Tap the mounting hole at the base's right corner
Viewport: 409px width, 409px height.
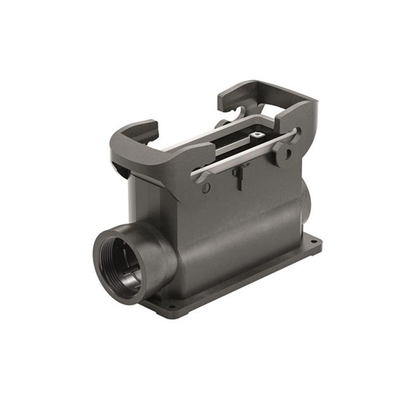tap(313, 242)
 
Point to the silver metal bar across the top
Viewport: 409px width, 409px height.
tap(249, 153)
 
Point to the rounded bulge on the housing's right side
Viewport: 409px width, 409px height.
tap(305, 198)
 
